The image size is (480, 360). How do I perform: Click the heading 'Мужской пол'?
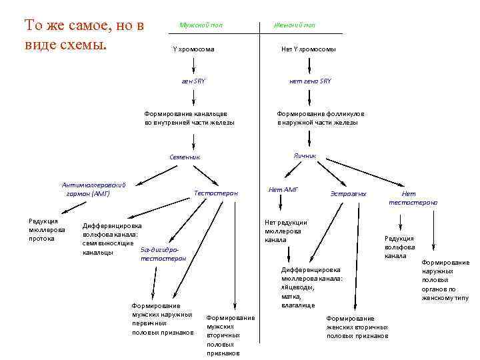(201, 25)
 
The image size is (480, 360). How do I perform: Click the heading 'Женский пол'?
(295, 25)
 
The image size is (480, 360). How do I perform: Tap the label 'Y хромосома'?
(193, 49)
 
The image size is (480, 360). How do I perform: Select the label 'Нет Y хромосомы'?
(308, 49)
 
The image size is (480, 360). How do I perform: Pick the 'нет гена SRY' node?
(309, 81)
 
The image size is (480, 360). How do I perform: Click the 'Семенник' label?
(185, 157)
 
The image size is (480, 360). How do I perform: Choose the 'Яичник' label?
(305, 155)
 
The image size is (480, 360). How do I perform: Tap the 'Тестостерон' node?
(215, 193)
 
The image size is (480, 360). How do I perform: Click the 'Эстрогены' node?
(349, 193)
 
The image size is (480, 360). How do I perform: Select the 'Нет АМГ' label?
(283, 190)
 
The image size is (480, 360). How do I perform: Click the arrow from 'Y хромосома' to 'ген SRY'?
(193, 65)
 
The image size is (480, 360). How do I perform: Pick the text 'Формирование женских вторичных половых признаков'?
(357, 327)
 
